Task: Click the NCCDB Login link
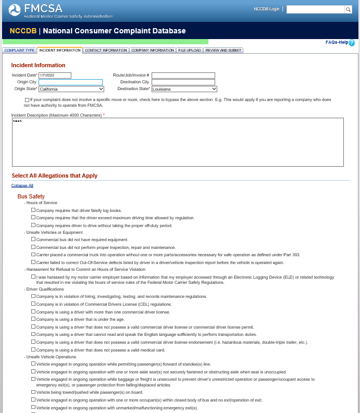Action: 266,9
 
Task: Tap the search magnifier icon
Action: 348,9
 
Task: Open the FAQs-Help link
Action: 337,42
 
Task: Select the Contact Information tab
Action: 106,51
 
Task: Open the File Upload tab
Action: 189,51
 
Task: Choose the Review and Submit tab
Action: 223,51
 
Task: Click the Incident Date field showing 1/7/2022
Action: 55,76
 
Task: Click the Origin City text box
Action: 70,82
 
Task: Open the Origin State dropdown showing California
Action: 70,89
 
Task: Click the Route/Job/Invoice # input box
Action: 183,76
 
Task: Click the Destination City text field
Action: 183,82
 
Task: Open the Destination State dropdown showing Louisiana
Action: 184,89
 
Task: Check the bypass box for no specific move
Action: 27,99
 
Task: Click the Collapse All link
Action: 22,185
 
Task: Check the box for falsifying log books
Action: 33,210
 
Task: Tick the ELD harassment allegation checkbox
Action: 33,278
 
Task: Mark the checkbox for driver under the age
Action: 33,319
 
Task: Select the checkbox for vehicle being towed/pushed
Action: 33,392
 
